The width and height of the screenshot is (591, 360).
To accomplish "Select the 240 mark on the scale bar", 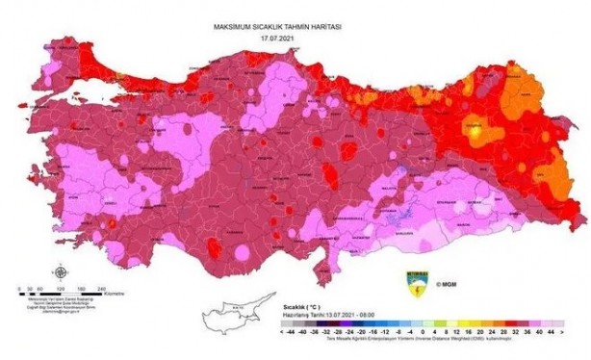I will (100, 287).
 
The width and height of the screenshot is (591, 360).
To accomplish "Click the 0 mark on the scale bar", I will (21, 287).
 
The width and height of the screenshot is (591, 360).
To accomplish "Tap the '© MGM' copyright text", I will (447, 285).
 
